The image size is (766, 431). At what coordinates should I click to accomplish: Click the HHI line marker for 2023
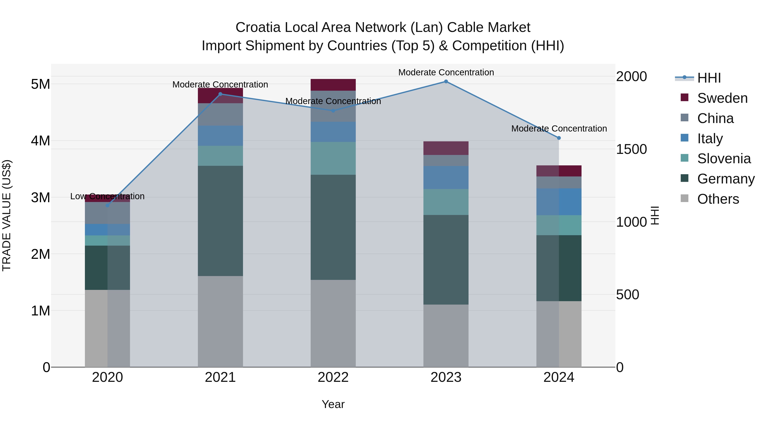(446, 81)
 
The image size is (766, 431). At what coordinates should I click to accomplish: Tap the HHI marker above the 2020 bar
(107, 205)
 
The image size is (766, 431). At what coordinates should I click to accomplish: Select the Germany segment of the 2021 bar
(220, 221)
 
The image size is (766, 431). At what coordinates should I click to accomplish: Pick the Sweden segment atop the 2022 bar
(333, 85)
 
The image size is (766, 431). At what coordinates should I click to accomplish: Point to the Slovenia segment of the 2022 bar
(333, 158)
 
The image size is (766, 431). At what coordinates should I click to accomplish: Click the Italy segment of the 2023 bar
(446, 177)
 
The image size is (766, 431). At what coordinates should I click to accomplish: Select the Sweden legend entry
(722, 98)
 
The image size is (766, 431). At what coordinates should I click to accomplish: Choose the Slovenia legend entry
(724, 159)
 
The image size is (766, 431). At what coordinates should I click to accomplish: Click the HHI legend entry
(709, 78)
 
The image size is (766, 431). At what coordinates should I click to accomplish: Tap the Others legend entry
(718, 199)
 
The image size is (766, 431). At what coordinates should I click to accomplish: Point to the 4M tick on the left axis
(40, 141)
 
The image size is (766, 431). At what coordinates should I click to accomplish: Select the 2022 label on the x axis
(333, 377)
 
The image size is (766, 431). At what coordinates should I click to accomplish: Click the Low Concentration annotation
(107, 196)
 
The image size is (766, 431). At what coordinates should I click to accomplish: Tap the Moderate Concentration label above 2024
(559, 129)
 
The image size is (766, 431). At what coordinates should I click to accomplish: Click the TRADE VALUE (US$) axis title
(7, 215)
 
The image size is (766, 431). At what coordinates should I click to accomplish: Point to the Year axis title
(333, 404)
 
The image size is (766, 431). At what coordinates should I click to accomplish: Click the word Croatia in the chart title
(258, 28)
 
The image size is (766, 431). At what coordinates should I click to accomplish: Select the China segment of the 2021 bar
(220, 114)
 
